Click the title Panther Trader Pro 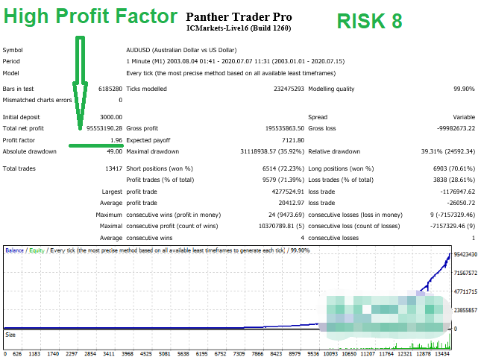coord(239,16)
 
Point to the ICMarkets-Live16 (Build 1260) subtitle coord(239,28)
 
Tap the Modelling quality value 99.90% coord(463,89)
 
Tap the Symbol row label coord(13,50)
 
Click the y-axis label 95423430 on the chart coord(465,255)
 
